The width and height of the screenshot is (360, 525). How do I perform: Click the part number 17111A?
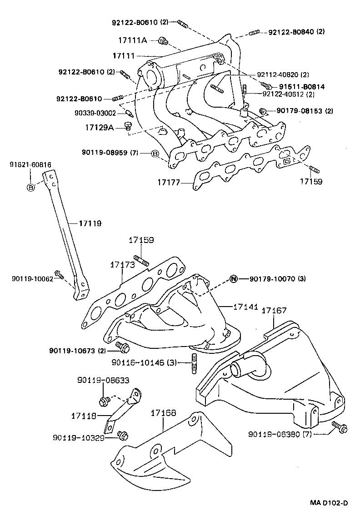132,40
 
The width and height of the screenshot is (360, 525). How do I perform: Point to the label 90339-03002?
95,114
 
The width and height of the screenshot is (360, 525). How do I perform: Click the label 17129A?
99,128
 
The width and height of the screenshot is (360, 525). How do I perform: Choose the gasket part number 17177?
169,183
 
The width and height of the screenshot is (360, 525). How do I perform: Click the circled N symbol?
233,279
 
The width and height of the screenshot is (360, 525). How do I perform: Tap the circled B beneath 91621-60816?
30,188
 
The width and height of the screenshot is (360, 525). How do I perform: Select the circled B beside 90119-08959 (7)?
155,154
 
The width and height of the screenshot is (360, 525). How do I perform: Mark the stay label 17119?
90,223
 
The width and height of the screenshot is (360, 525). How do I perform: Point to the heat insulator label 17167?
274,311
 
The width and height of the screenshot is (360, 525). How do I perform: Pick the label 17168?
163,412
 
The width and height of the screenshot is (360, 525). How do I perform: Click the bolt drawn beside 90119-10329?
122,436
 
